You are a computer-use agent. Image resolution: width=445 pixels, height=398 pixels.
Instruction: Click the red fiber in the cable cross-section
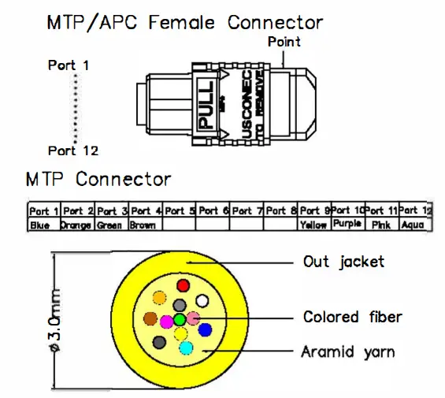184,285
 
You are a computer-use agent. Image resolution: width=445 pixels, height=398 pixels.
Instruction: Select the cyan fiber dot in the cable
186,348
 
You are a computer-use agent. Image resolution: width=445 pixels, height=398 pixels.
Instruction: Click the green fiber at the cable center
180,318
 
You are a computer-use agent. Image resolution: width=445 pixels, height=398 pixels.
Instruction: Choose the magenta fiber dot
167,322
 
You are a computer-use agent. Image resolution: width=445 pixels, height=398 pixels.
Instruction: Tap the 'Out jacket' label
343,261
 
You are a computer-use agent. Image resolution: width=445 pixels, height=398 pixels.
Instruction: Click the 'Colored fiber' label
352,317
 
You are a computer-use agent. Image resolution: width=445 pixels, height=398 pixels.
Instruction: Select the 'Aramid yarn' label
347,352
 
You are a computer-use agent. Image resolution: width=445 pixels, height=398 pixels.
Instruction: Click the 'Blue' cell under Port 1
39,225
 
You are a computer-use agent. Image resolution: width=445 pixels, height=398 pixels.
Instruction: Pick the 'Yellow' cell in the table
314,225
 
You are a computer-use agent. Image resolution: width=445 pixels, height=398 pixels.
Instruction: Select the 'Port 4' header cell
146,211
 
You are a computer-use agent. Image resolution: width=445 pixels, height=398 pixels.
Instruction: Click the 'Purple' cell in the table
347,224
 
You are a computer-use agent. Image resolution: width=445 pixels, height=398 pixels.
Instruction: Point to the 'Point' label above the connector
284,41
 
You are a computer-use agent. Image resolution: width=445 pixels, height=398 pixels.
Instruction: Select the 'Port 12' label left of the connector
72,150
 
